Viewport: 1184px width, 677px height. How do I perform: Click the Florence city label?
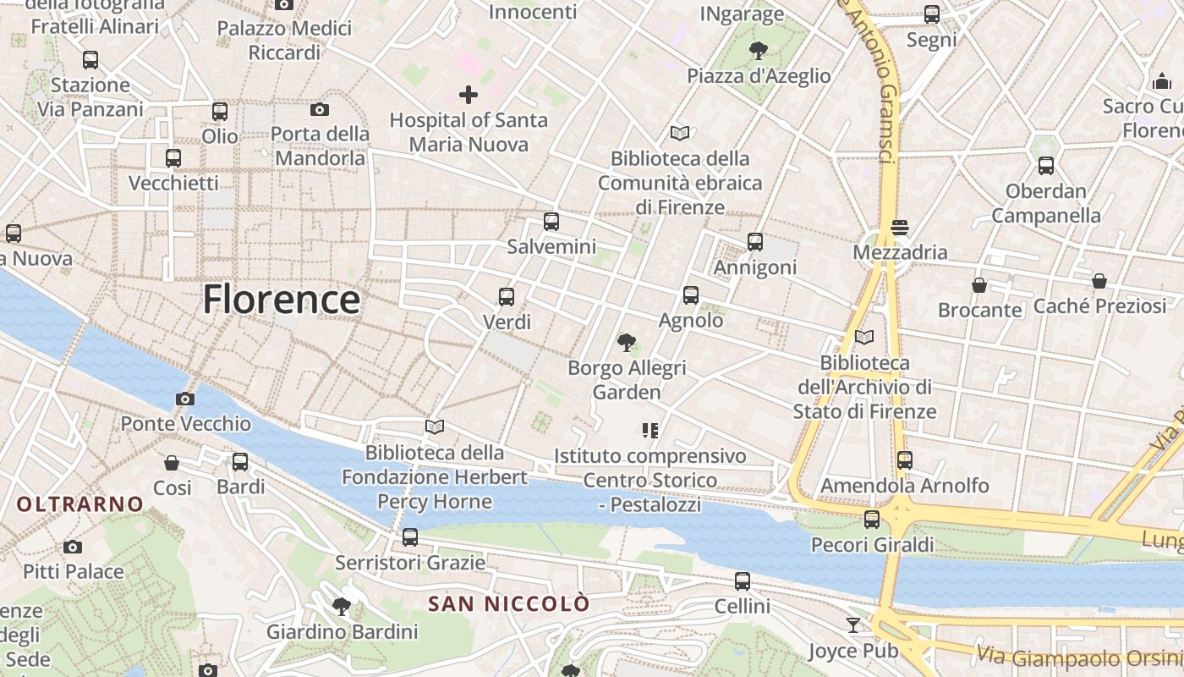281,300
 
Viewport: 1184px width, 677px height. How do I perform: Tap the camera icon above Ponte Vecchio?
185,399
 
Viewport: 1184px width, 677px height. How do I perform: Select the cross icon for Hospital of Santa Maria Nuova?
469,95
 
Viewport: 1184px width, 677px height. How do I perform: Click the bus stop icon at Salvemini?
551,222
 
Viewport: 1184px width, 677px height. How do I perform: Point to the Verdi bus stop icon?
507,297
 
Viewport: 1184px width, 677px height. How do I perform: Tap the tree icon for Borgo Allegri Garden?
627,343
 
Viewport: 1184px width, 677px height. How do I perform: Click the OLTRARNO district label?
80,504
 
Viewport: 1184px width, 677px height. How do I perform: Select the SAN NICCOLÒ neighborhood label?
508,604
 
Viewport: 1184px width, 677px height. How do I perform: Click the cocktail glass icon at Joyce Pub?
852,625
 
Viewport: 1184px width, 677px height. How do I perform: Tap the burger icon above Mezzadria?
900,227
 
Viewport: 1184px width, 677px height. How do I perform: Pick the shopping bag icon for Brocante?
979,285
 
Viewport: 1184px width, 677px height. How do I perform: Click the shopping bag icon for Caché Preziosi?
1099,281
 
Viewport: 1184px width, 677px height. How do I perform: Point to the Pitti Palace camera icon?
73,547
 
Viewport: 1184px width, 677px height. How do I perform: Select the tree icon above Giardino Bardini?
342,606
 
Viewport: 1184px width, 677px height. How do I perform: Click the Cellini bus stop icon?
743,581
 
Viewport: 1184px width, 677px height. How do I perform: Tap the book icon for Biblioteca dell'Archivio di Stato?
864,337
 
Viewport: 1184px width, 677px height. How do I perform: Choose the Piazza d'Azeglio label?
759,76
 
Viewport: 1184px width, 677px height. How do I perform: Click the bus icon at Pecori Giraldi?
872,519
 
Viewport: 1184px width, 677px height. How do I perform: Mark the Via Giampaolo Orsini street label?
1078,656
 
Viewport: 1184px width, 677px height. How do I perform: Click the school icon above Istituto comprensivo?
650,431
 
